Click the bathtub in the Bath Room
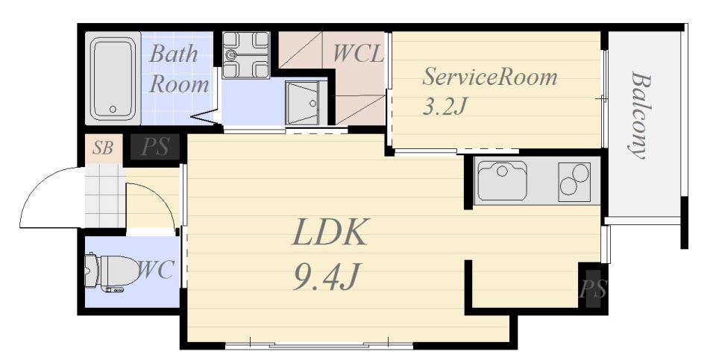(x=113, y=78)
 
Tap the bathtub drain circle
(x=113, y=109)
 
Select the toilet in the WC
(x=112, y=272)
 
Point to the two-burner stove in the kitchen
(x=574, y=182)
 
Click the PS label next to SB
(x=154, y=148)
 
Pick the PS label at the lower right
(x=593, y=289)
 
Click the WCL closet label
(x=357, y=53)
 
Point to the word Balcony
(x=640, y=115)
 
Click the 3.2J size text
(x=445, y=107)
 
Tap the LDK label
(x=330, y=233)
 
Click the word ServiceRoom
(x=489, y=77)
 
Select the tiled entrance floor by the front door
(x=105, y=195)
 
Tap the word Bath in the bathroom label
(x=174, y=54)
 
